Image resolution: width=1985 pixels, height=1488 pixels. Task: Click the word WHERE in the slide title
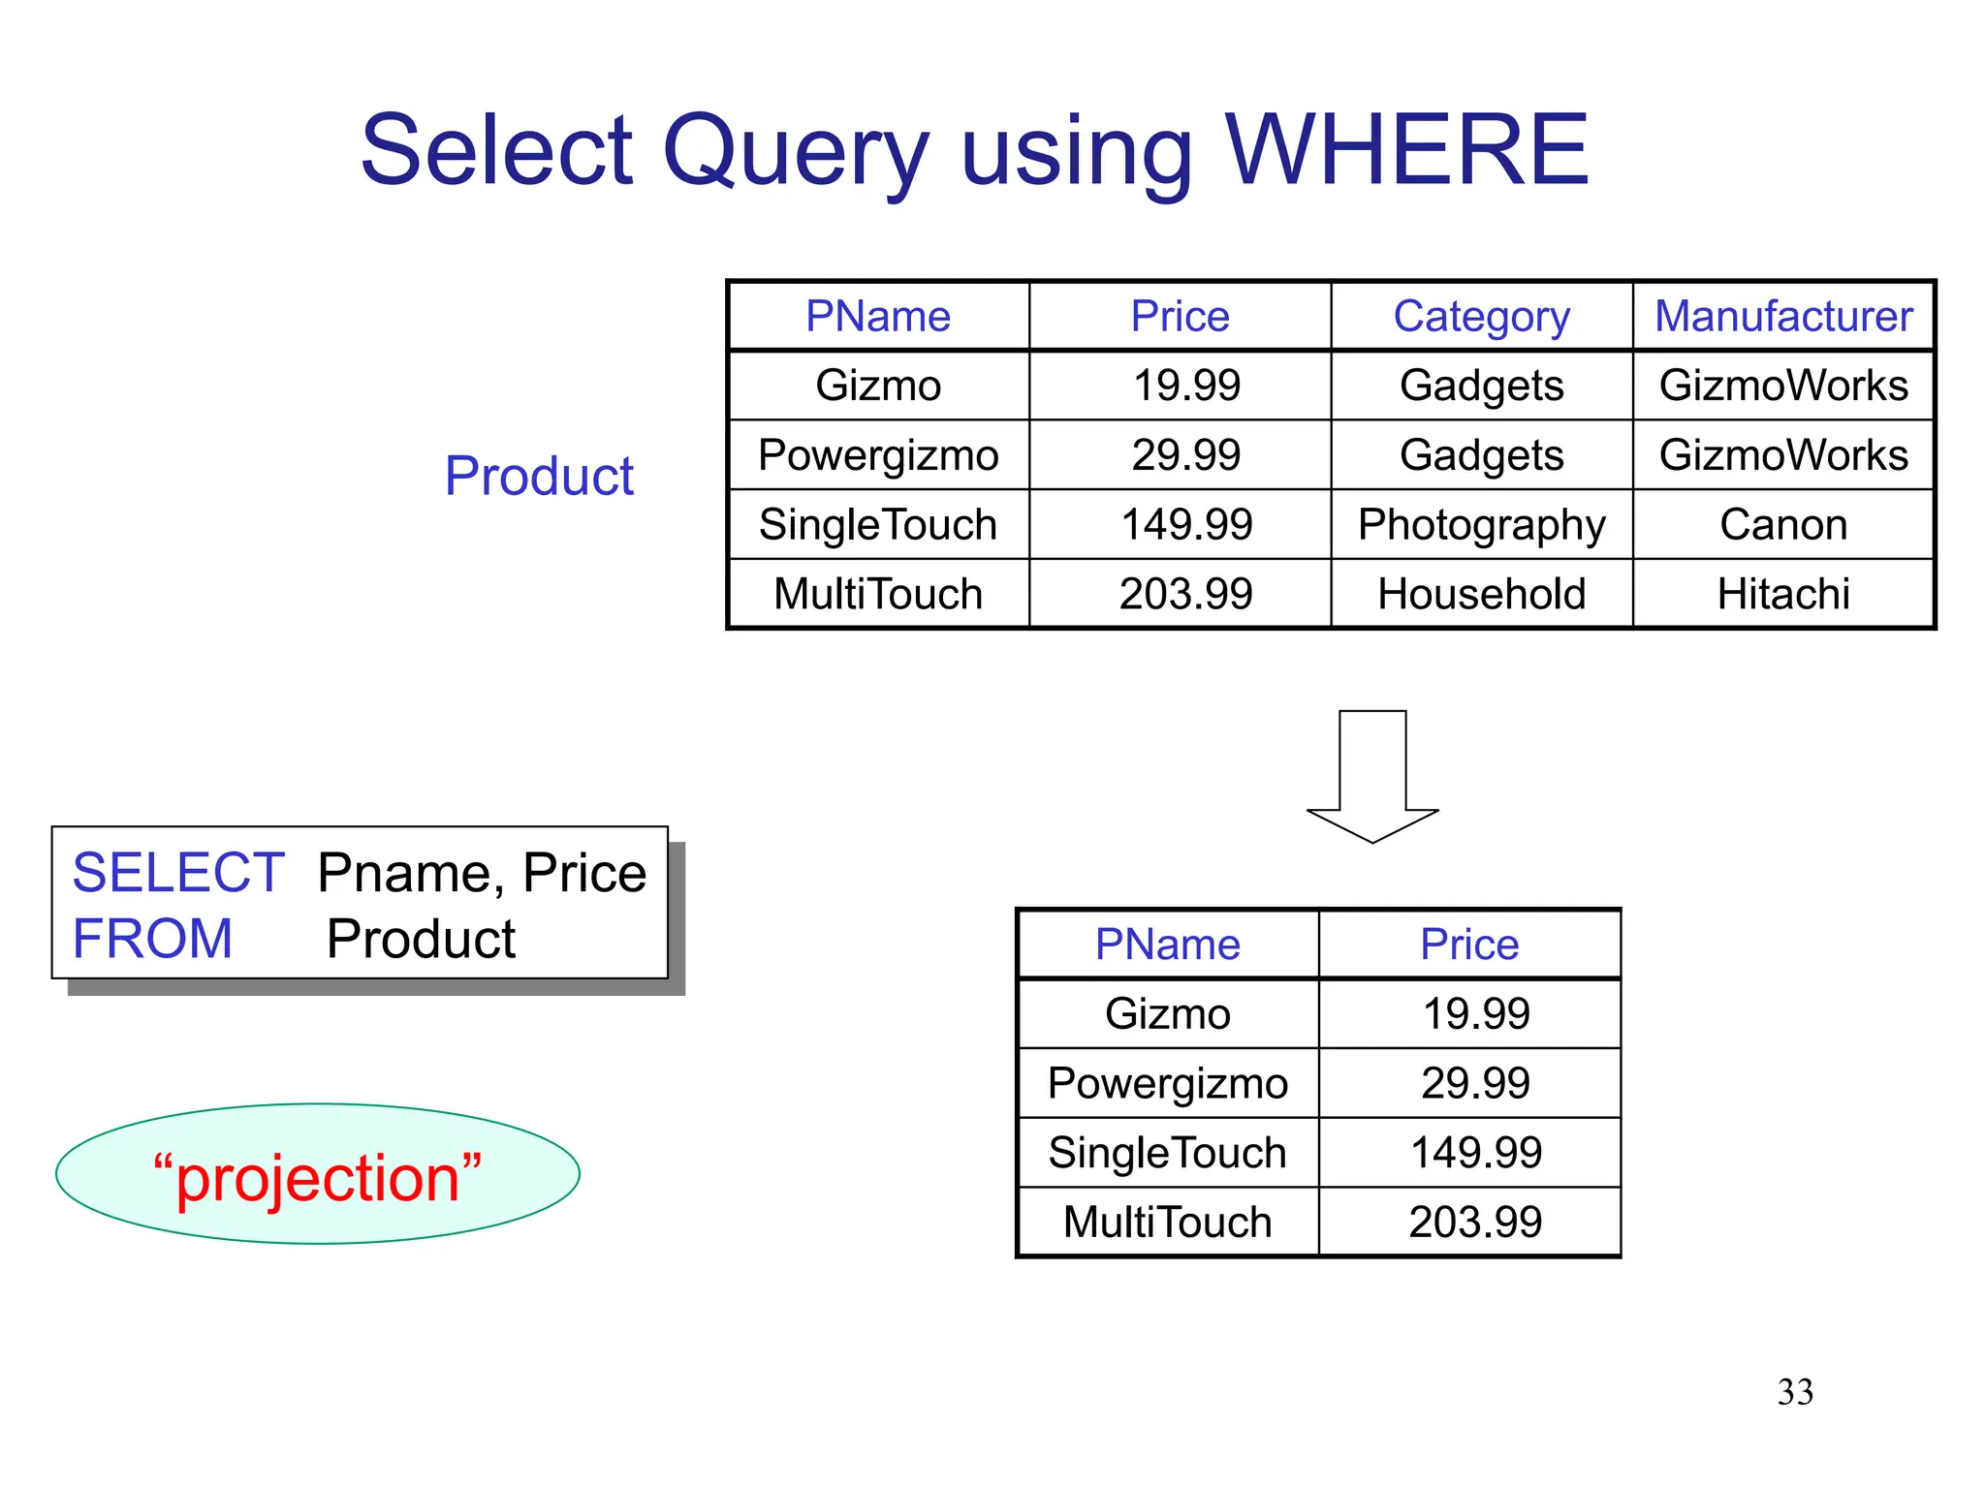1406,150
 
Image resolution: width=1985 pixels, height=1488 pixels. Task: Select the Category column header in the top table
1481,317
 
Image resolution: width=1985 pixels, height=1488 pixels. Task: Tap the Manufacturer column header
1783,317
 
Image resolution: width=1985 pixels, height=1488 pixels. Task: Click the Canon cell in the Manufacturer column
1783,525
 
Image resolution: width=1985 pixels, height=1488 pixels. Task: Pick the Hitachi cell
1783,594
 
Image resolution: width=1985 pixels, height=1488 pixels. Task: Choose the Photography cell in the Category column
1481,525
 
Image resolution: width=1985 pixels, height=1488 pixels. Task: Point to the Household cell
1481,594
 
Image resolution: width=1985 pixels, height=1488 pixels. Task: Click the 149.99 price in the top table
1186,525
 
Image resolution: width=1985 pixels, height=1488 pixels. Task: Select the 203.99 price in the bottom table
1475,1222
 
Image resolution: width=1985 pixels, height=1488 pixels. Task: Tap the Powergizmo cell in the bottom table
1168,1083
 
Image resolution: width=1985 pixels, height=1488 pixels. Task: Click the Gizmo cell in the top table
878,386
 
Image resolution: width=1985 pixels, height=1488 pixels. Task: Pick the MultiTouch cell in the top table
878,594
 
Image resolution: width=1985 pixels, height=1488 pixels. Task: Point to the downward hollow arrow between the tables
1372,775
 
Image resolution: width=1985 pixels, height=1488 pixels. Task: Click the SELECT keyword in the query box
178,873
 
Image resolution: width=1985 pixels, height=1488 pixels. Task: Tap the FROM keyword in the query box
153,939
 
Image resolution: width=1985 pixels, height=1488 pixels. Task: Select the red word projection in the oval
318,1178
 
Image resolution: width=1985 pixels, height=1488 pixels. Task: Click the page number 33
1795,1392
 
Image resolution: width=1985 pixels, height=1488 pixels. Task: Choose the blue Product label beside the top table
539,476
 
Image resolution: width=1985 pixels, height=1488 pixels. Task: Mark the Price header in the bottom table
1469,945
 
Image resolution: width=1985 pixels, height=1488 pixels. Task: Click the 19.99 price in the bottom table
1475,1014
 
